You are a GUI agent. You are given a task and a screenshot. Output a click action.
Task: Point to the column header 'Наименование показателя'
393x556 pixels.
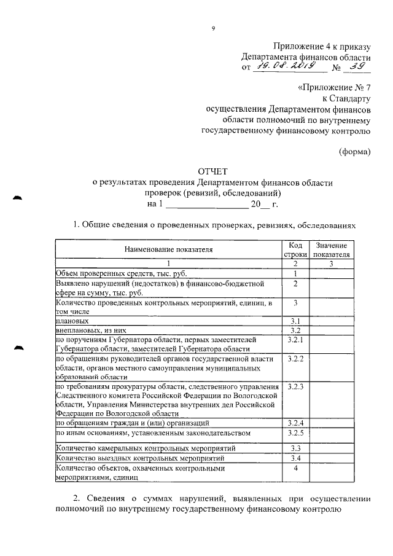click(168, 249)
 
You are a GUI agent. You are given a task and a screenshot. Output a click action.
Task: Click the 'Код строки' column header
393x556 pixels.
click(295, 249)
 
